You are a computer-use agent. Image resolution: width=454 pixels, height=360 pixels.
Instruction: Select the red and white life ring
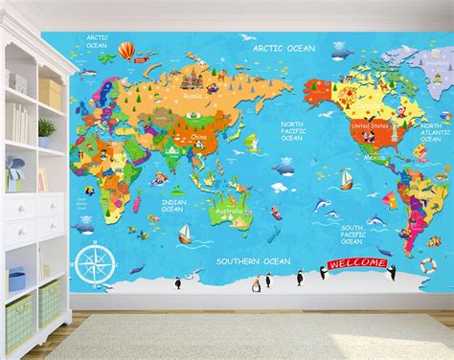[427, 264]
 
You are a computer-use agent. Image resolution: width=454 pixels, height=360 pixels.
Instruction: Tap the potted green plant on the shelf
[46, 129]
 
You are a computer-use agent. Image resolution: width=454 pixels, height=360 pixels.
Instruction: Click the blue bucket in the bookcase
[15, 280]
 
